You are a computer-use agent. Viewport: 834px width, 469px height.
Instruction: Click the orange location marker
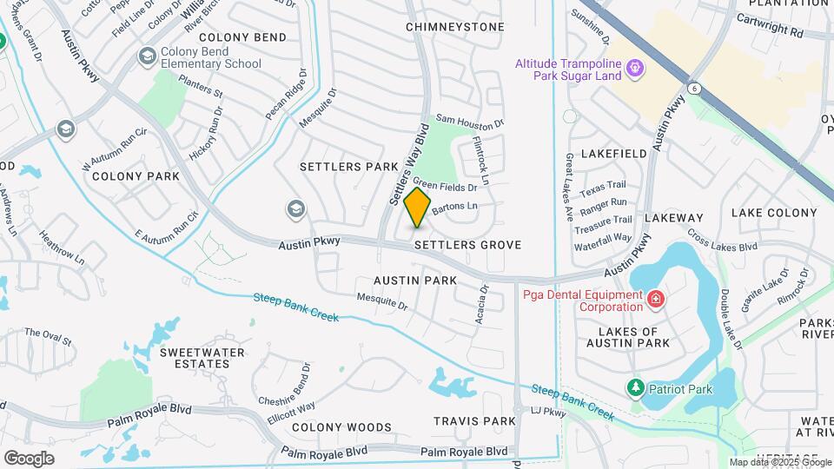[418, 208]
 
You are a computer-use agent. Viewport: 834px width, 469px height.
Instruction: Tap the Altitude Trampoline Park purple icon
[635, 67]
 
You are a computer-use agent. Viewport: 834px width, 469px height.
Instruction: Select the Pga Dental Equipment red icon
[655, 300]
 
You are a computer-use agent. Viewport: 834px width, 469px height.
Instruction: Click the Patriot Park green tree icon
[636, 386]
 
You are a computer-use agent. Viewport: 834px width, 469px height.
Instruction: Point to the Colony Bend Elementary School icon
[147, 56]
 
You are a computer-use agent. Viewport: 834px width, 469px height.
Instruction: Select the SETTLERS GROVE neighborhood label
[467, 245]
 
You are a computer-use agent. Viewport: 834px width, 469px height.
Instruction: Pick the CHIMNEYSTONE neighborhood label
[454, 27]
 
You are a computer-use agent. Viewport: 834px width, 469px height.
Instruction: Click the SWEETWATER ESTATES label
[202, 358]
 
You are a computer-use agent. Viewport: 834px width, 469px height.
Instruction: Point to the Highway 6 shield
[694, 88]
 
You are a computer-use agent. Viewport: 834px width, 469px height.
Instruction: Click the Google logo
[29, 458]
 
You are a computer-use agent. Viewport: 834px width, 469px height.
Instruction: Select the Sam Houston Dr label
[469, 120]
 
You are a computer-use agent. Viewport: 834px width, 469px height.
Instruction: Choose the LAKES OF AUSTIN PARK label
[634, 337]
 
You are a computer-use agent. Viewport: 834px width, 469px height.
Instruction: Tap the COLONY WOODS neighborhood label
[341, 427]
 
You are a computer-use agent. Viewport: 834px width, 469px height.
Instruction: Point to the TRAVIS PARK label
[475, 421]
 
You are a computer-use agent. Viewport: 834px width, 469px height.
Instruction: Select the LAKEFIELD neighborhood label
[613, 153]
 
